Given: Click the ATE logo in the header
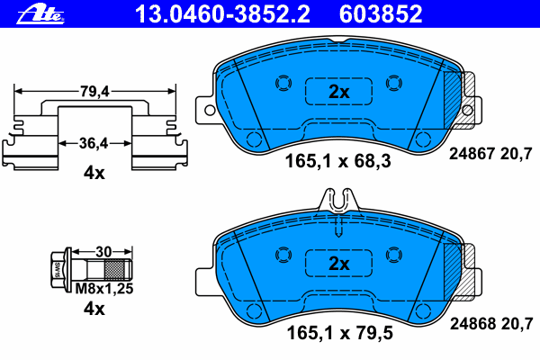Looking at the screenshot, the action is (40, 14).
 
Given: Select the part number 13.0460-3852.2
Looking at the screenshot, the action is (222, 14).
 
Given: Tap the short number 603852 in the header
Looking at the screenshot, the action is (381, 14).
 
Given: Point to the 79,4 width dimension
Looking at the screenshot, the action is (94, 91).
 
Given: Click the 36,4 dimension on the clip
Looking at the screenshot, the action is (94, 143).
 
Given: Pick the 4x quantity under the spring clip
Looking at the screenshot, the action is (94, 173).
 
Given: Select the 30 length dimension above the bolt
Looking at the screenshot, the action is (103, 252).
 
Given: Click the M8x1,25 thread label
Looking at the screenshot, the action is (104, 289).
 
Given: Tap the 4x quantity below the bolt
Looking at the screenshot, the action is (94, 309).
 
